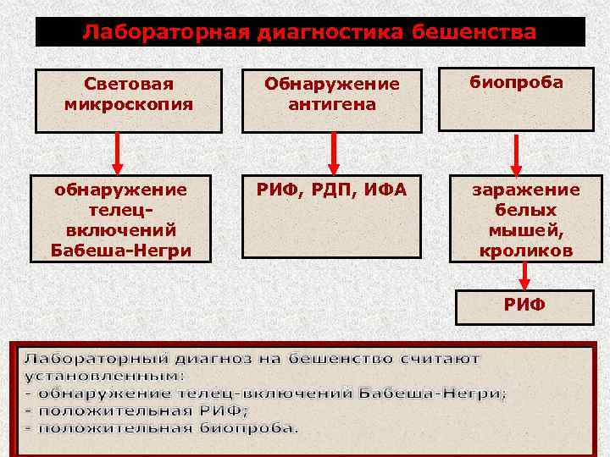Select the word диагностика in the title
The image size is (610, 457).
coord(322,33)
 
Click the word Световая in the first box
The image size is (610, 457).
coord(129,85)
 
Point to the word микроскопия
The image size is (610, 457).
coord(129,105)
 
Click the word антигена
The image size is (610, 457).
coord(332,105)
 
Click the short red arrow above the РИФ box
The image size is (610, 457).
coord(526,275)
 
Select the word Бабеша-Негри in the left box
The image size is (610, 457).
coord(121,251)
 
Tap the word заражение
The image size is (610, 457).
coord(526,190)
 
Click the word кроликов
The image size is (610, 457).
coord(526,251)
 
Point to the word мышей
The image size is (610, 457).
coord(526,230)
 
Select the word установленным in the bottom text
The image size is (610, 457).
coord(103,376)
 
